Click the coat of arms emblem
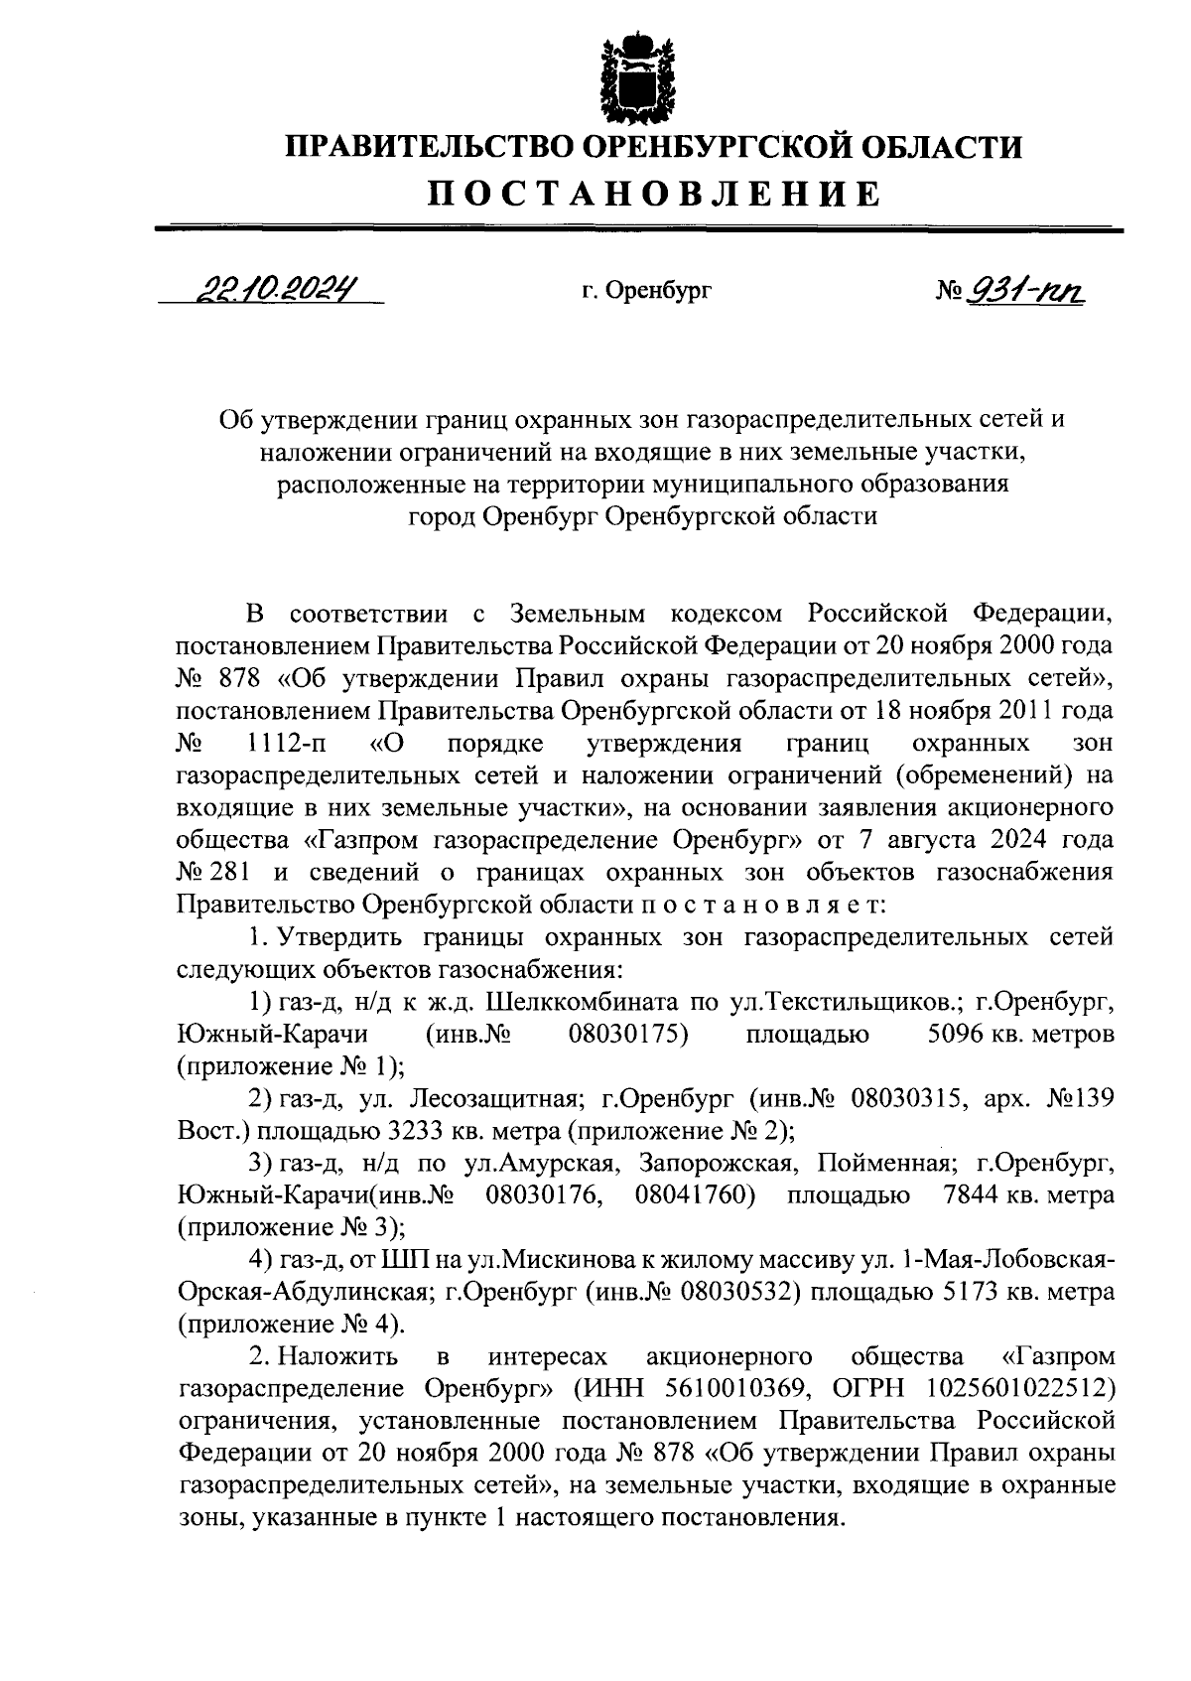point(627,73)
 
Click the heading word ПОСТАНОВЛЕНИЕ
point(654,193)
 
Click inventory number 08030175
point(629,1034)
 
